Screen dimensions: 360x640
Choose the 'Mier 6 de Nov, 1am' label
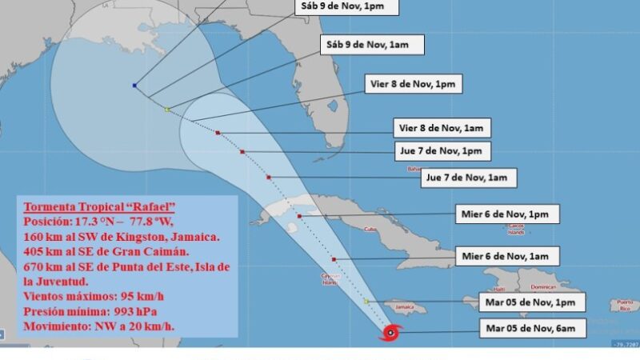506,256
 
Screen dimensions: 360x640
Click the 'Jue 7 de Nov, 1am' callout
470,177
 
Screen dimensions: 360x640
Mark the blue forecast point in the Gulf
134,86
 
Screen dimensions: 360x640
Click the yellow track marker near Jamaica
366,301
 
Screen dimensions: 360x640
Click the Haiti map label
500,289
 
